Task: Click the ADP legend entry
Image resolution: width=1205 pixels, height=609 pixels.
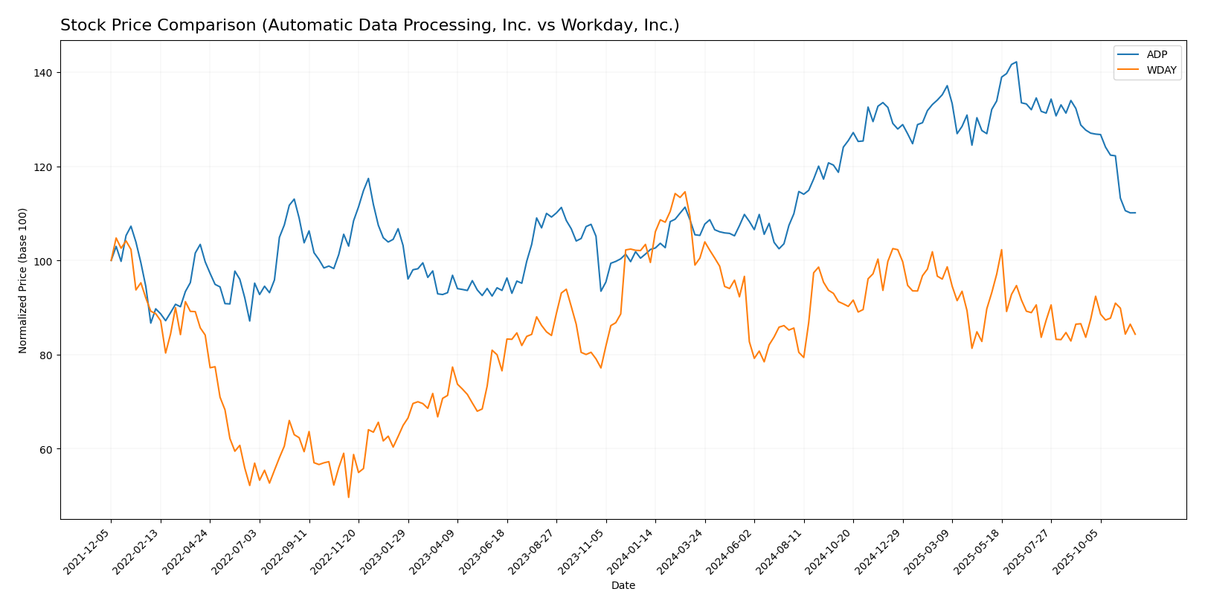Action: [1157, 54]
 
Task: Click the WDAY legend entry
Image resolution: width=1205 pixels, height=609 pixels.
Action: [1161, 71]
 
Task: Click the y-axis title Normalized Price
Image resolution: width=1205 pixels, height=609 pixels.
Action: [23, 280]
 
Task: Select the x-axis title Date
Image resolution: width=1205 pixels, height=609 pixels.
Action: [623, 586]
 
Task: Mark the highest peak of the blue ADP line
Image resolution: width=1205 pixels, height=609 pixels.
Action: [1016, 62]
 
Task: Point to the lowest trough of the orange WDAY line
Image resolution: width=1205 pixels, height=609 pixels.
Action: [348, 497]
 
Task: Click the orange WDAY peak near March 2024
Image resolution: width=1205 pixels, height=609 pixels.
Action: [684, 192]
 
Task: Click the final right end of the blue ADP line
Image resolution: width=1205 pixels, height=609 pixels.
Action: [1134, 213]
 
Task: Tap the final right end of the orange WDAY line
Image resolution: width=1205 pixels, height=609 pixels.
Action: [1134, 334]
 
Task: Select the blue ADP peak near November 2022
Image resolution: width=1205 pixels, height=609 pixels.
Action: [368, 178]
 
